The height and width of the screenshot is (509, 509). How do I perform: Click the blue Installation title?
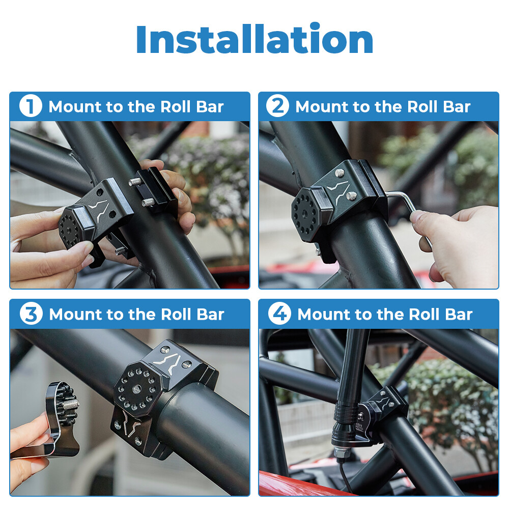pos(254,40)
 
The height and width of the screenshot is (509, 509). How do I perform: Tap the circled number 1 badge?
pos(30,107)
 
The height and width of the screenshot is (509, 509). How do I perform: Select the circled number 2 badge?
pos(277,107)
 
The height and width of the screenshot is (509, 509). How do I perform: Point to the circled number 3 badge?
pos(31,314)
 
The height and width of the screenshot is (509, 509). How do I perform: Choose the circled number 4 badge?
pos(279,314)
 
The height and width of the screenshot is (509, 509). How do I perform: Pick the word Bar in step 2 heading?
pos(456,107)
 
